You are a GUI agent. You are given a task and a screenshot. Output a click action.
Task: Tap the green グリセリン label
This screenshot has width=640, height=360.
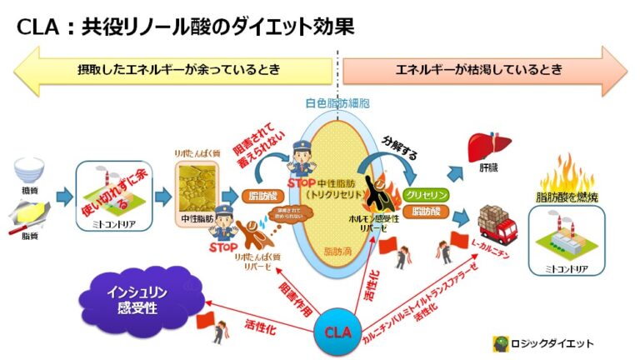[426, 194]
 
